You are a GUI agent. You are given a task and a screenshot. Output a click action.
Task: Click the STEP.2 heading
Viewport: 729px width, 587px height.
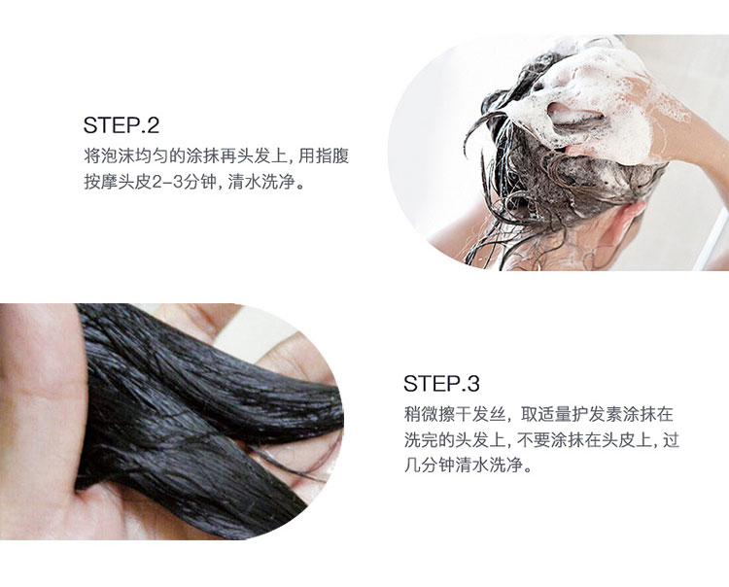[x=121, y=125]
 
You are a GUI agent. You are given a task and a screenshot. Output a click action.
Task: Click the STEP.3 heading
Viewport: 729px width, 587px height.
[x=441, y=384]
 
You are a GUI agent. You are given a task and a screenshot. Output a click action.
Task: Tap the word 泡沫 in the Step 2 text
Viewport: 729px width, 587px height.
[x=118, y=155]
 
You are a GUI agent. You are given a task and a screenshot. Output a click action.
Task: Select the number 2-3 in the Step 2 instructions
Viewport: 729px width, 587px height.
[x=167, y=182]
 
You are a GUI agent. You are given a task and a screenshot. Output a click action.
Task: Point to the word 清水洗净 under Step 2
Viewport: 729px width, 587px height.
[x=261, y=182]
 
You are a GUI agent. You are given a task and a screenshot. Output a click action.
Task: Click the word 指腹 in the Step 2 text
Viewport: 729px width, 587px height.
[x=332, y=155]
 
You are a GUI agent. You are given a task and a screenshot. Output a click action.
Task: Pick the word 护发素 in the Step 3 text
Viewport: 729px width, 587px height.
[x=597, y=414]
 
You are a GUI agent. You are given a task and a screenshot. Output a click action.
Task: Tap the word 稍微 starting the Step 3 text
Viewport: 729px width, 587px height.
[x=421, y=414]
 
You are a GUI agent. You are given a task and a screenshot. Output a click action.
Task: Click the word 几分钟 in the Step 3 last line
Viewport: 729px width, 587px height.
[x=429, y=465]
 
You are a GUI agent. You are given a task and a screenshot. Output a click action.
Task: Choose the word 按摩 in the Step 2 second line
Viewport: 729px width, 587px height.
[x=101, y=182]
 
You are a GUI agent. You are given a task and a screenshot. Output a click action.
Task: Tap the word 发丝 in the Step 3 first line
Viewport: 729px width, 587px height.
[x=488, y=414]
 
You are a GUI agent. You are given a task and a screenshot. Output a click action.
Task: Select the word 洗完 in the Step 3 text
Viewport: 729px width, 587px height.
[x=421, y=439]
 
